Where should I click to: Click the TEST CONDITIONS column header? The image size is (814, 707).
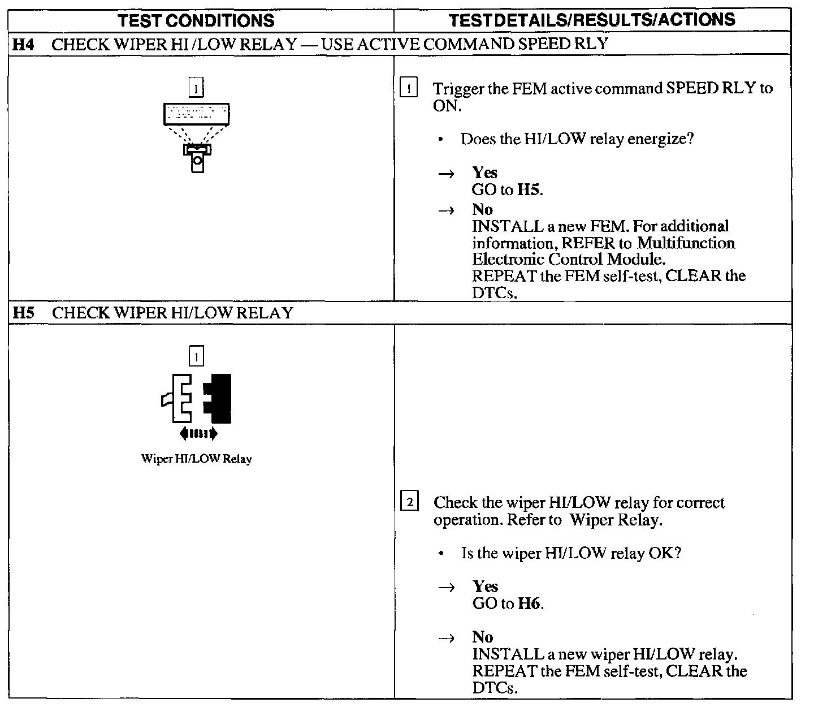pos(196,21)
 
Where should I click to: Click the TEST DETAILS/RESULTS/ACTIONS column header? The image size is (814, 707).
pos(592,20)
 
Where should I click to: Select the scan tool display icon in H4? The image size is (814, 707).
pos(196,114)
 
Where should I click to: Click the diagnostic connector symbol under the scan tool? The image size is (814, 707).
pos(197,157)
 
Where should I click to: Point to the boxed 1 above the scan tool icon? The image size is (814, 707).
pos(196,88)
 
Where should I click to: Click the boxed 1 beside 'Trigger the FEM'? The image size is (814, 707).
pos(408,89)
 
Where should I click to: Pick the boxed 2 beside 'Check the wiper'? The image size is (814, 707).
pos(409,502)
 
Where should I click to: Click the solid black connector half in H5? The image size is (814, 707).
pos(219,398)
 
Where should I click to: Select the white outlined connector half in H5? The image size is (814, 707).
pos(180,398)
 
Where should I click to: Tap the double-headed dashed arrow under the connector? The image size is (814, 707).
pos(198,434)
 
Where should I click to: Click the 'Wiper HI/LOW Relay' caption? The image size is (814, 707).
pos(196,459)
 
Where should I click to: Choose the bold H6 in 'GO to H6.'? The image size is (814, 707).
pos(529,603)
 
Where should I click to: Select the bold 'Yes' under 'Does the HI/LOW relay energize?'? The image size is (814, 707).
pos(484,173)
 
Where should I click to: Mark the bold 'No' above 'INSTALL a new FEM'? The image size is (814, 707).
pos(482,209)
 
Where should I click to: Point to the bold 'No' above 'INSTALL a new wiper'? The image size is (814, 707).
pos(483,637)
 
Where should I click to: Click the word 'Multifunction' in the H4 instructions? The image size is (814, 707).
pos(686,243)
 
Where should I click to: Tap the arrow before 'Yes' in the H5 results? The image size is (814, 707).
pos(447,588)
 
